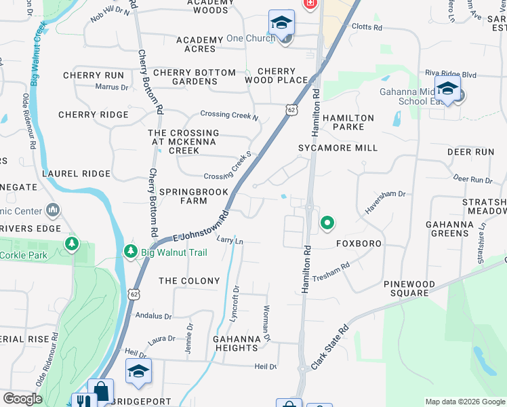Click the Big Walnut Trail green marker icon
130,252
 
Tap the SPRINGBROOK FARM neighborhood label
184,195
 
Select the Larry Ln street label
230,240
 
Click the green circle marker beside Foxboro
327,222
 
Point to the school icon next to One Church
281,22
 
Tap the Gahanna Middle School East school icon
447,88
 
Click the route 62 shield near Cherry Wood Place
291,109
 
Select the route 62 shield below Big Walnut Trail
134,294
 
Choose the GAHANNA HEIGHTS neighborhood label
235,343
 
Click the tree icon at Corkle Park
71,242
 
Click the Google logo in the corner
22,399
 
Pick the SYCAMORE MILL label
338,148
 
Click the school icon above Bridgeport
138,371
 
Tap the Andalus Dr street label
154,315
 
